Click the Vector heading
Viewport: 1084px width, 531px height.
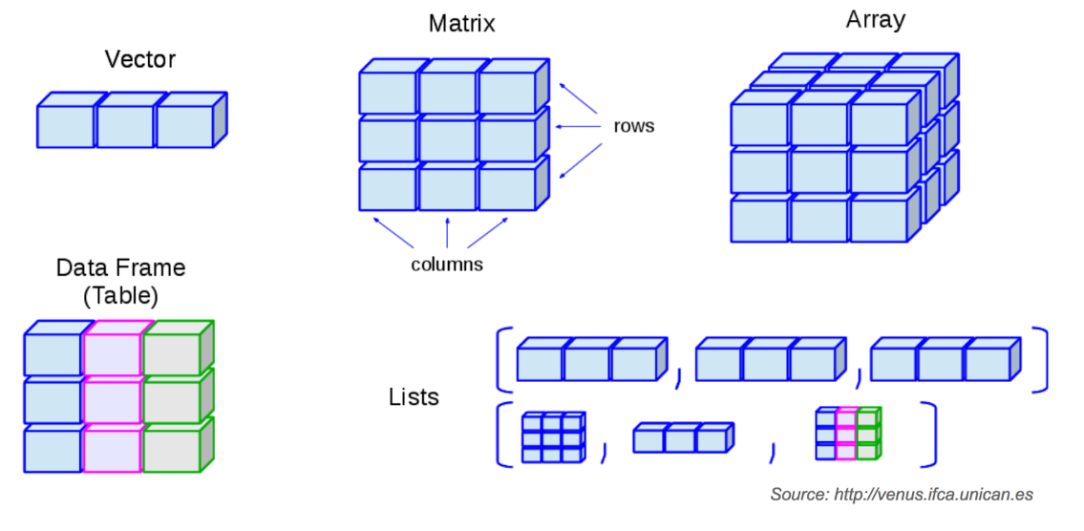[139, 59]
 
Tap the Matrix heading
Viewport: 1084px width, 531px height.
[461, 24]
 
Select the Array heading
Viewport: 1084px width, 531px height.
[875, 20]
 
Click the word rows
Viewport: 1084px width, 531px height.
[634, 126]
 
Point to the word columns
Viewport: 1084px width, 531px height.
[447, 265]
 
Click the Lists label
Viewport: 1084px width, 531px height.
[414, 396]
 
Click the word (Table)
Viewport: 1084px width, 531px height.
[120, 295]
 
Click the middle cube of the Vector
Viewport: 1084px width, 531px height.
[124, 126]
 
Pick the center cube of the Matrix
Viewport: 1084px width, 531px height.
[447, 139]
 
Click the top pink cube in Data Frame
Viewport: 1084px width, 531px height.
[113, 353]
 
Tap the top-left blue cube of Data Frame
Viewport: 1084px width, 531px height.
[52, 353]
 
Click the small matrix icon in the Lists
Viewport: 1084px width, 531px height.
[552, 437]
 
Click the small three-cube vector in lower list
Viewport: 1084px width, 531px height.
[681, 438]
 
